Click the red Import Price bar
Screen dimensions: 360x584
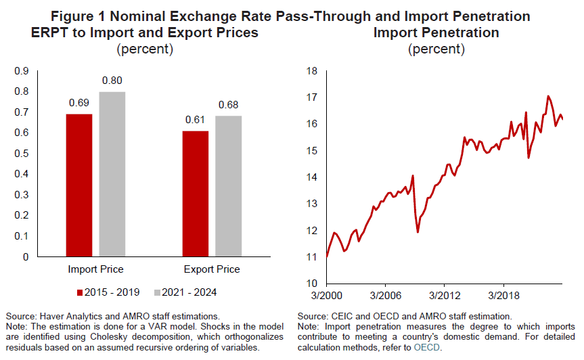pyautogui.click(x=79, y=185)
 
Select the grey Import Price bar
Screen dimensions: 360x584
pyautogui.click(x=112, y=174)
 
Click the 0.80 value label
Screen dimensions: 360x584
pyautogui.click(x=112, y=81)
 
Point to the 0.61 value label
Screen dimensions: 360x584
pyautogui.click(x=196, y=120)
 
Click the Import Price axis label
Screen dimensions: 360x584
pyautogui.click(x=95, y=269)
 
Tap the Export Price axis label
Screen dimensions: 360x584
pyautogui.click(x=212, y=269)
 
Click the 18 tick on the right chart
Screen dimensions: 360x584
pyautogui.click(x=312, y=70)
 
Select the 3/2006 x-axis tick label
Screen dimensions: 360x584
pyautogui.click(x=384, y=296)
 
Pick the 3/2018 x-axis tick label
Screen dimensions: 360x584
pyautogui.click(x=503, y=296)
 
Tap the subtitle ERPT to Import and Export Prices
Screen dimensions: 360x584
pyautogui.click(x=145, y=32)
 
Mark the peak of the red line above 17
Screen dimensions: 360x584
pyautogui.click(x=548, y=96)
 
